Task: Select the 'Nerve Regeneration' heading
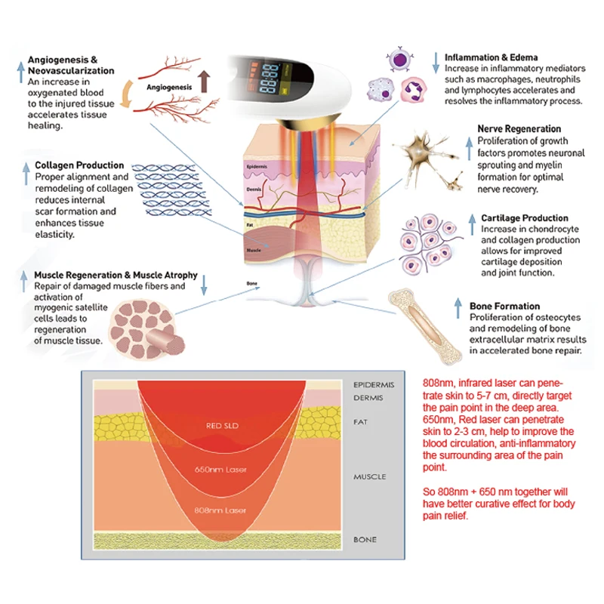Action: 519,129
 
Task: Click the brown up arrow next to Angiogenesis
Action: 203,82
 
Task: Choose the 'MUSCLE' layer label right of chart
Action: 370,477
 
